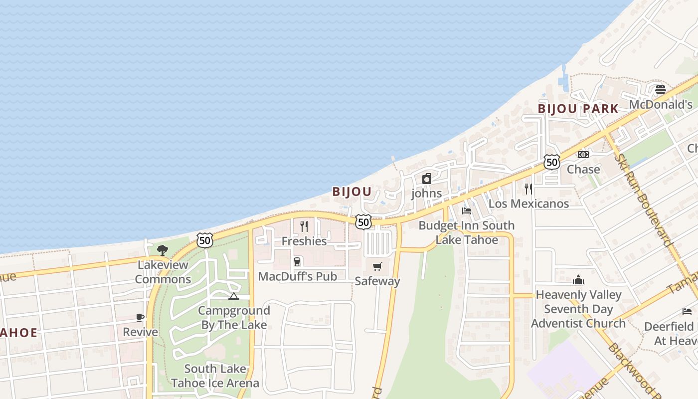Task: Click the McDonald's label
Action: [661, 105]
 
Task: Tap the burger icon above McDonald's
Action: [661, 90]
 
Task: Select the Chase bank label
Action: [583, 170]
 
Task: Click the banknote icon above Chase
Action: [583, 155]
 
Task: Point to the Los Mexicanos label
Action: [528, 203]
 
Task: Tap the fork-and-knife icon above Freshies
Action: [304, 226]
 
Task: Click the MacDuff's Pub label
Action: [297, 276]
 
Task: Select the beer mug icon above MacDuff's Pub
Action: [297, 262]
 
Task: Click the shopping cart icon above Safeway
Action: [377, 266]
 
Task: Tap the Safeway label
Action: [377, 281]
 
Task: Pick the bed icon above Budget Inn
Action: [467, 211]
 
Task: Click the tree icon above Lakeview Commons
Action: [163, 250]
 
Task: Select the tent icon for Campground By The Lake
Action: [233, 297]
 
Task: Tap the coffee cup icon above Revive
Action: [140, 317]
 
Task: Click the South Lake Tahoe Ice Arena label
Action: [215, 376]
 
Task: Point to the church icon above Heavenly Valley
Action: [578, 280]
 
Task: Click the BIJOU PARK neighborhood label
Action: [578, 109]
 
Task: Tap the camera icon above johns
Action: [427, 179]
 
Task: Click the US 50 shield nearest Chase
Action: [552, 162]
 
